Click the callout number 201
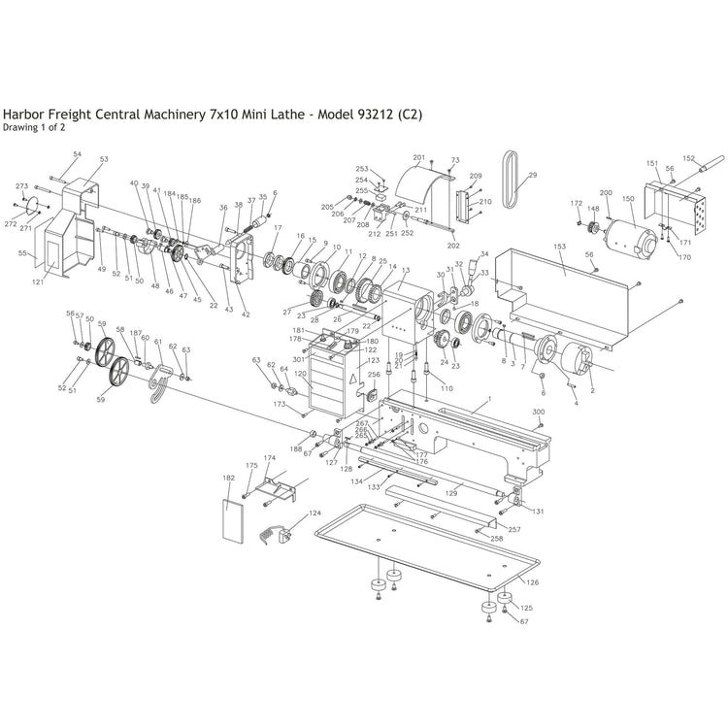419,157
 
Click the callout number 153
559,248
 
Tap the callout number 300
539,412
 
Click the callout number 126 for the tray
532,582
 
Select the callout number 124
314,513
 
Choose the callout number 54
78,154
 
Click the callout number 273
21,186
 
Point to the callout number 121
39,282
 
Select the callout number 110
447,388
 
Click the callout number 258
496,538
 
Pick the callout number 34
484,254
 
